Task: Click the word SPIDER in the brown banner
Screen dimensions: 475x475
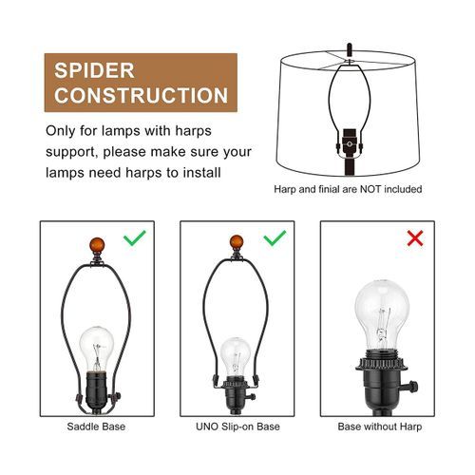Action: tap(94, 70)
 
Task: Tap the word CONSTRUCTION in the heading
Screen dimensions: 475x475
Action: tap(141, 95)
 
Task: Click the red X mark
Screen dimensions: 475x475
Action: tap(415, 238)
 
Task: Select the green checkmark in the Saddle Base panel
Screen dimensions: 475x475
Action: tap(135, 237)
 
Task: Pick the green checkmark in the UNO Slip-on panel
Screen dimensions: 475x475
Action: tap(275, 237)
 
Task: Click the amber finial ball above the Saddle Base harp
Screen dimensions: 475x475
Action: tap(97, 245)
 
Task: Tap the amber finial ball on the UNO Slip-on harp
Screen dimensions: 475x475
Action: tap(237, 242)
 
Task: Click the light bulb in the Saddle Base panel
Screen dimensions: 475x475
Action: tap(96, 349)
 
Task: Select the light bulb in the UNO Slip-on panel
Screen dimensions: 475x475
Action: tap(235, 357)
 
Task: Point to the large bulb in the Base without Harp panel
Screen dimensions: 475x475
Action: tap(382, 316)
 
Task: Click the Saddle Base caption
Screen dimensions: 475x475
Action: tap(96, 427)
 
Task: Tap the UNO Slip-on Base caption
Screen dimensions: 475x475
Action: tap(237, 427)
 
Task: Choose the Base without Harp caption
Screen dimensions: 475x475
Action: tap(380, 427)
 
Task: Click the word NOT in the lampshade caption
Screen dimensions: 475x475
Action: tap(370, 189)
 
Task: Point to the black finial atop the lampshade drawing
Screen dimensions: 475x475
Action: tap(350, 49)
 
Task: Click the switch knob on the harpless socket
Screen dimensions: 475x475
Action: tap(411, 387)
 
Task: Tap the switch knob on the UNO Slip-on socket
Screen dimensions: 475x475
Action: tap(252, 396)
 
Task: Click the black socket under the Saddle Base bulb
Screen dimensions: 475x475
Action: tap(97, 390)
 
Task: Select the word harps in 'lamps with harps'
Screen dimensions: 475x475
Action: tap(194, 131)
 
